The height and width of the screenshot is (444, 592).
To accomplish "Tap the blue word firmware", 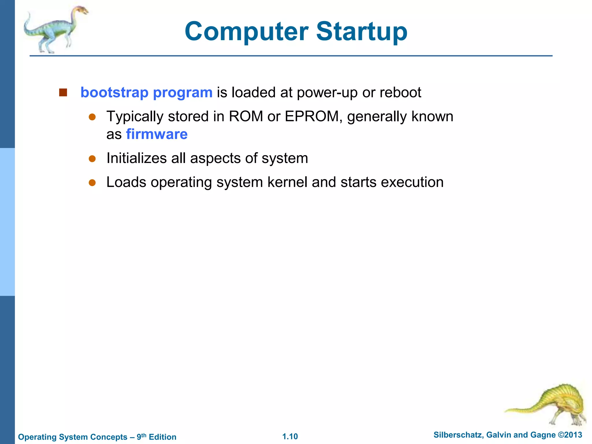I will coord(157,134).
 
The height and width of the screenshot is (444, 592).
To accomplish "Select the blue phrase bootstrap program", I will coord(146,92).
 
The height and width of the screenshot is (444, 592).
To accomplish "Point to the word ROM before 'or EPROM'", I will coord(246,116).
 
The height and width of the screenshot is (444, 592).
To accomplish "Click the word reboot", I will coord(400,92).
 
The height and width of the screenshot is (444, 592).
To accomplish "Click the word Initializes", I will coord(136,158).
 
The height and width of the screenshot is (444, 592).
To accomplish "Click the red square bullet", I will coord(63,92).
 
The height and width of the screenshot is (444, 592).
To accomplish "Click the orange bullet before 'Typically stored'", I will coord(92,117).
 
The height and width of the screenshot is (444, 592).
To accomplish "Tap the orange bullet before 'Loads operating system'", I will coord(92,182).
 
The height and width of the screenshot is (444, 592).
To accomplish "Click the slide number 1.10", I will coord(290,436).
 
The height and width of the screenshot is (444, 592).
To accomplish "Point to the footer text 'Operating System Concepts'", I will coord(73,437).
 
